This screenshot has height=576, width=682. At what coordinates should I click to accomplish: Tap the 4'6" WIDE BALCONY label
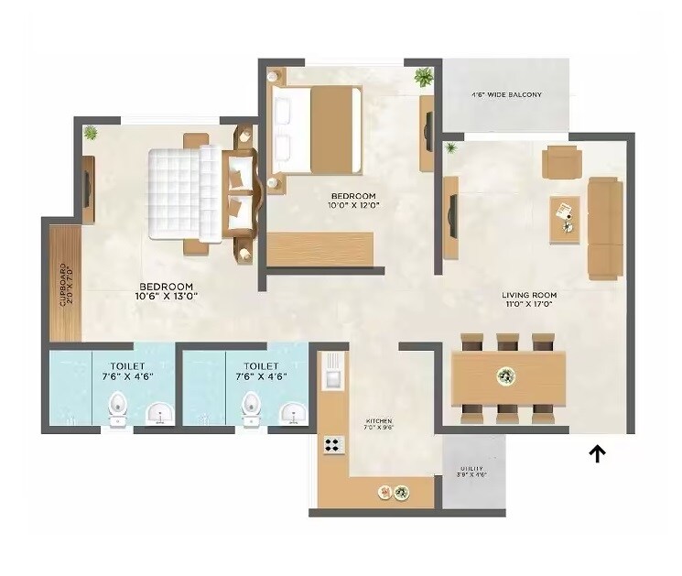(x=506, y=94)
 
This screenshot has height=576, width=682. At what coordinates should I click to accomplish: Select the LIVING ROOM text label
(x=529, y=299)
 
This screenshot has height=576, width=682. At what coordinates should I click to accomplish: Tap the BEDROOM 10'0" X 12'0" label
(x=352, y=201)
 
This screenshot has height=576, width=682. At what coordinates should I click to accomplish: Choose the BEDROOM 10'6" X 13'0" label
(x=167, y=290)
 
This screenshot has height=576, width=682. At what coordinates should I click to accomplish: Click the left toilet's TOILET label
(x=116, y=370)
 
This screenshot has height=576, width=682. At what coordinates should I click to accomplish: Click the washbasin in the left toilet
(x=161, y=414)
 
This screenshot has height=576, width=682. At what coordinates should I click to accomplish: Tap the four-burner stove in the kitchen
(x=332, y=446)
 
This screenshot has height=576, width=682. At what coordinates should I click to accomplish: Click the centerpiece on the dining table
(x=505, y=375)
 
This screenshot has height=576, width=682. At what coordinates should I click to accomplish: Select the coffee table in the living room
(x=564, y=219)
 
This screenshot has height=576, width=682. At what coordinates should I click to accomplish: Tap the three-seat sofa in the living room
(x=605, y=228)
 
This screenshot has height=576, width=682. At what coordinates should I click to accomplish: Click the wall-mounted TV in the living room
(x=450, y=217)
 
